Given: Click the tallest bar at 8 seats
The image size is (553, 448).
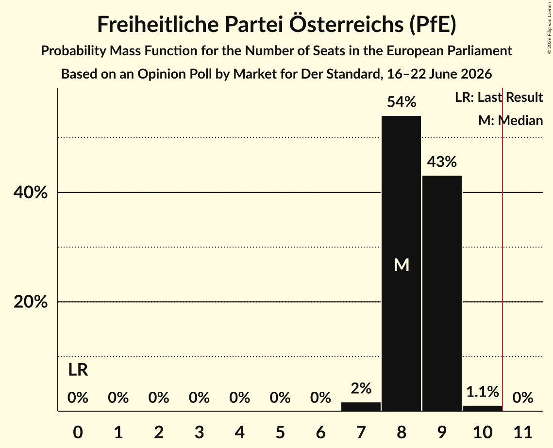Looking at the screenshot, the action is coord(402,263).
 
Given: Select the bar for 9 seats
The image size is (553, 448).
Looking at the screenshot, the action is coord(442,293).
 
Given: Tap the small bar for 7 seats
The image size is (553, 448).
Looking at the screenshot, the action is coord(361,406).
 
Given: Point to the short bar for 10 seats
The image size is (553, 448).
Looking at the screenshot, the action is coord(483,408).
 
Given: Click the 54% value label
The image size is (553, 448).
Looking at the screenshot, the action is coord(402,102).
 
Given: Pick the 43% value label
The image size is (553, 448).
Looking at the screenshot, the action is coord(442,162).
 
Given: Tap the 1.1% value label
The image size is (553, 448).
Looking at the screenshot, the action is coord(483,392).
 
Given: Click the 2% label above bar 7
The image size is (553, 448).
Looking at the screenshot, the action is coord(361,388).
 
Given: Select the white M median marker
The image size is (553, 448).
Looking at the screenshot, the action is coord(402,265).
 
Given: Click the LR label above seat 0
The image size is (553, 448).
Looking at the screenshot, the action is coord(78,370).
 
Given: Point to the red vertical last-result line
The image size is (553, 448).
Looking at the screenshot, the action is coord(503,249).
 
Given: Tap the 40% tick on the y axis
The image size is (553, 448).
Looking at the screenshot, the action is coord(30,192).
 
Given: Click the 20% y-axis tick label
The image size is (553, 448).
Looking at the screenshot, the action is coord(30,302).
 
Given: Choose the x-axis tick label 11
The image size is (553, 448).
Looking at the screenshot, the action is coord(523,432).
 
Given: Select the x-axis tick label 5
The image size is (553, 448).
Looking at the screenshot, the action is coord(280,432).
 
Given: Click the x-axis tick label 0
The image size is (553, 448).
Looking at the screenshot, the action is coord(78,432).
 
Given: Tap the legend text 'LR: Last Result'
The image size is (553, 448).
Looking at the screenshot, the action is coord(499,97).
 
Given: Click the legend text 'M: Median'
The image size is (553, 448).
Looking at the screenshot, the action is coord(510,120).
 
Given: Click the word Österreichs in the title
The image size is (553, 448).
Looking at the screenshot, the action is coord(346,24).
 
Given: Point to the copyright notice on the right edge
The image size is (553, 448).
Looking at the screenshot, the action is coord(549,28).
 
